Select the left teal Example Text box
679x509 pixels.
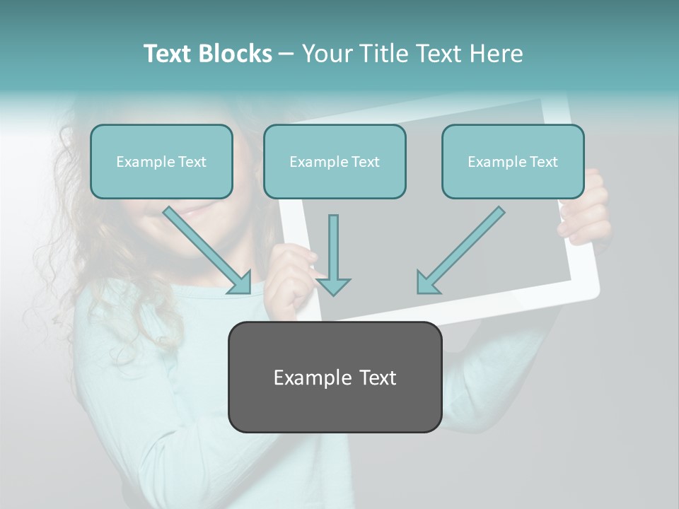tap(161, 161)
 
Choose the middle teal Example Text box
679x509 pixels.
tap(335, 161)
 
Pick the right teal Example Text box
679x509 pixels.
tap(513, 161)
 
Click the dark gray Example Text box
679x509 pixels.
tap(335, 377)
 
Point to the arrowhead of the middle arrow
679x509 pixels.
tap(334, 286)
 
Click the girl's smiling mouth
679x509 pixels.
tap(202, 209)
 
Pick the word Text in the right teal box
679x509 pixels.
tap(543, 161)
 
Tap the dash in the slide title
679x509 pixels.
tap(286, 54)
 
